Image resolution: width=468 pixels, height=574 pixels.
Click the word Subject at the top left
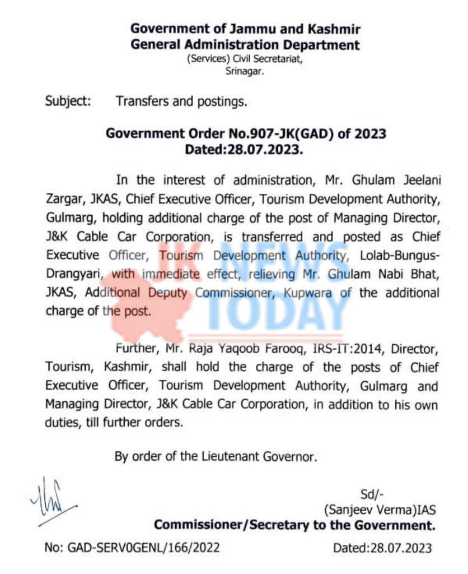coord(68,101)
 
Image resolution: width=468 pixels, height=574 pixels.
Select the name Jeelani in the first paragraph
coord(413,180)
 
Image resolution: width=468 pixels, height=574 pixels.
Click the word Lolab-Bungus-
coord(398,256)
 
